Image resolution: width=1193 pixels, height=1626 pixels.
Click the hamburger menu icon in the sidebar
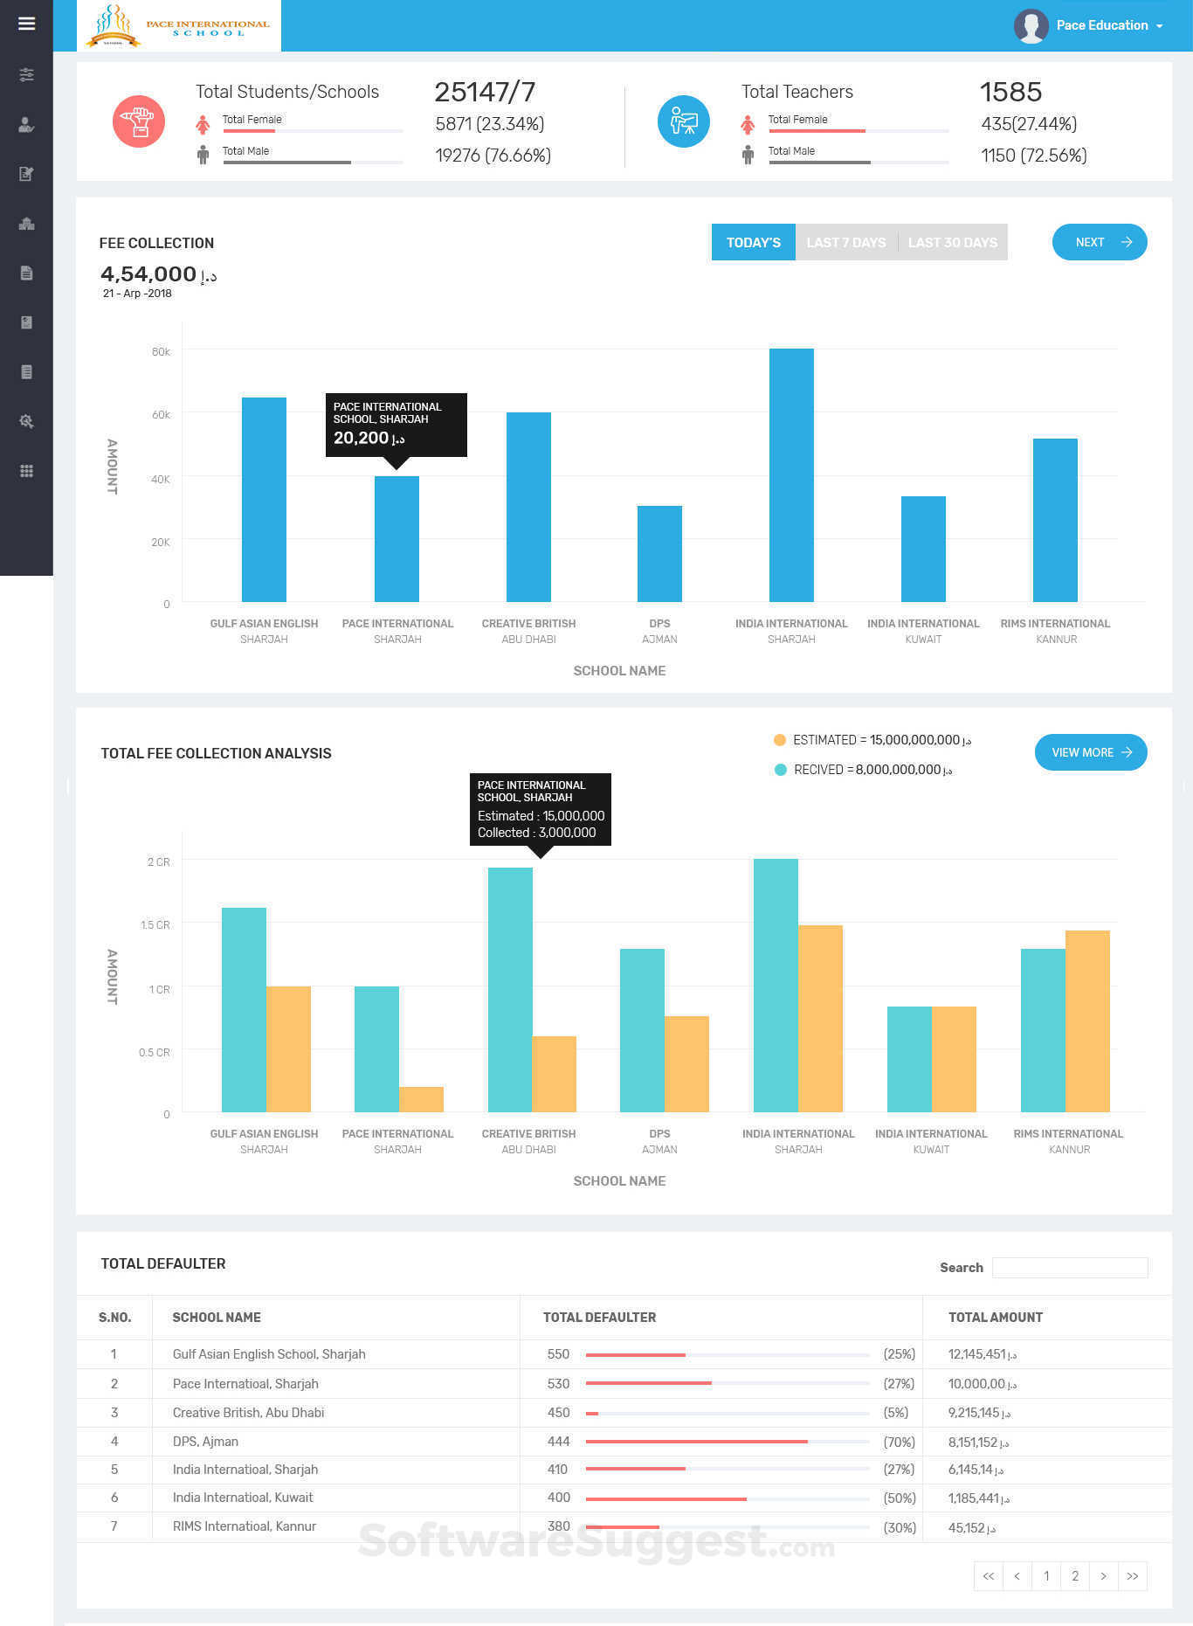click(x=26, y=24)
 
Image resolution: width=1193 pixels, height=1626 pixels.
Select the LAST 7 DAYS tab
click(x=845, y=242)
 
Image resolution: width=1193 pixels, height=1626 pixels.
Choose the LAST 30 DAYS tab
click(x=952, y=242)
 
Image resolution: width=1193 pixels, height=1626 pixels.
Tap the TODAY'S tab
click(x=753, y=242)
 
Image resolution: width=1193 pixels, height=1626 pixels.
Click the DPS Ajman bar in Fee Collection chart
click(x=659, y=554)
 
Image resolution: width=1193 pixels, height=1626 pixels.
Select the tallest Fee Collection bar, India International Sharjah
click(x=791, y=475)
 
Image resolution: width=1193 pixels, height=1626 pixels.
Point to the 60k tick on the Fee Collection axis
click(x=162, y=414)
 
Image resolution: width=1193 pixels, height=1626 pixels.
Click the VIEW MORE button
click(x=1090, y=752)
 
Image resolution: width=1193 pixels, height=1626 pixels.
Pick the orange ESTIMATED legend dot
click(x=780, y=740)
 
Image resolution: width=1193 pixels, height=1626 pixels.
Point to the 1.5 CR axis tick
click(x=155, y=924)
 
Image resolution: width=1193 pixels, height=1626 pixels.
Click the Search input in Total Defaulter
click(x=1070, y=1267)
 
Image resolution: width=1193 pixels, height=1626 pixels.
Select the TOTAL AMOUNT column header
click(x=995, y=1317)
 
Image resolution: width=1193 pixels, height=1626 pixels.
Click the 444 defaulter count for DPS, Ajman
click(x=558, y=1442)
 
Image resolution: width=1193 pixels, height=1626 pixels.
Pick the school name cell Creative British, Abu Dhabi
click(x=248, y=1412)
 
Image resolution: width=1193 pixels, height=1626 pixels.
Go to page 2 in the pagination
click(x=1075, y=1576)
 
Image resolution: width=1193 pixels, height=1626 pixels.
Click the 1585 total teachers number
click(x=1010, y=92)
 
